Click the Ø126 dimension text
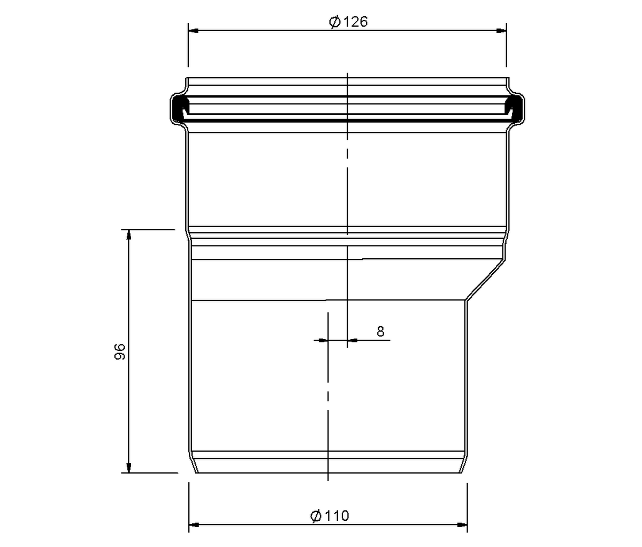[x=348, y=22]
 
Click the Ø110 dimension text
[x=330, y=516]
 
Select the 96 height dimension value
[x=120, y=351]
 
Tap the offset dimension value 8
[x=380, y=332]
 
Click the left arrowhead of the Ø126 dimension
[x=193, y=31]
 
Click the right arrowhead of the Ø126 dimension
[x=501, y=31]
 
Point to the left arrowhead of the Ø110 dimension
[x=194, y=525]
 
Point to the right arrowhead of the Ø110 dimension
[x=462, y=525]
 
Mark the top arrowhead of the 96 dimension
[x=129, y=235]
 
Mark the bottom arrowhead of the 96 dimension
[x=129, y=468]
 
